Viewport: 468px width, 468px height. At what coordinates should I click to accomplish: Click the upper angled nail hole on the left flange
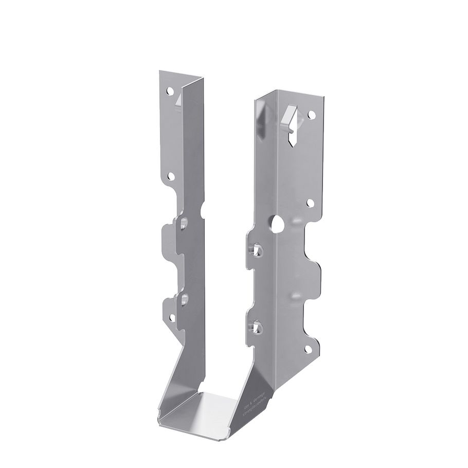[x=183, y=222]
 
